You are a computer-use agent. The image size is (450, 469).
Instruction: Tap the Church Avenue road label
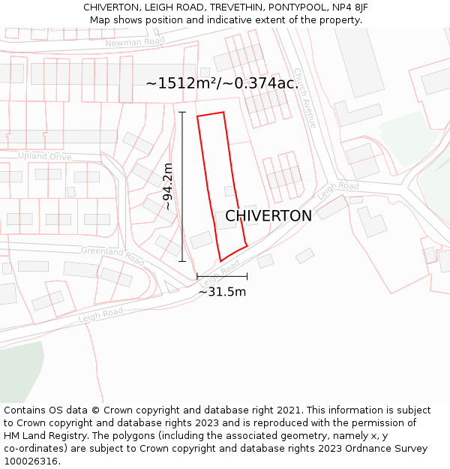pos(305,98)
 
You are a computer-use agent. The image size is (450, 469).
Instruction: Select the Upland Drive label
pos(45,156)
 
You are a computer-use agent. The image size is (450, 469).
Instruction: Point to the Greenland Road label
pos(112,256)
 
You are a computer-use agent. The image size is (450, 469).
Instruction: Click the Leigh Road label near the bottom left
pos(100,315)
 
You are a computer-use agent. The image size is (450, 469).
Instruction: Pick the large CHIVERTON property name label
pos(268,216)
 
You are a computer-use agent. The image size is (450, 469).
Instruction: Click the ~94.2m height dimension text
pos(168,186)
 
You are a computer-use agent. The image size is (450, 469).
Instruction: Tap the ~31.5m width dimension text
pos(222,292)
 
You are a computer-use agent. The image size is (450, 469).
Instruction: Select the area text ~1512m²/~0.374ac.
pos(222,83)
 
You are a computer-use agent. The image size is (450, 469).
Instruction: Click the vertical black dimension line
pos(182,186)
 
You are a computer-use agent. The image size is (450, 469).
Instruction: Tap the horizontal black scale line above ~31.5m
pos(222,277)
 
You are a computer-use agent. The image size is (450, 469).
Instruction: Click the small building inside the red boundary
pos(229,191)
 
